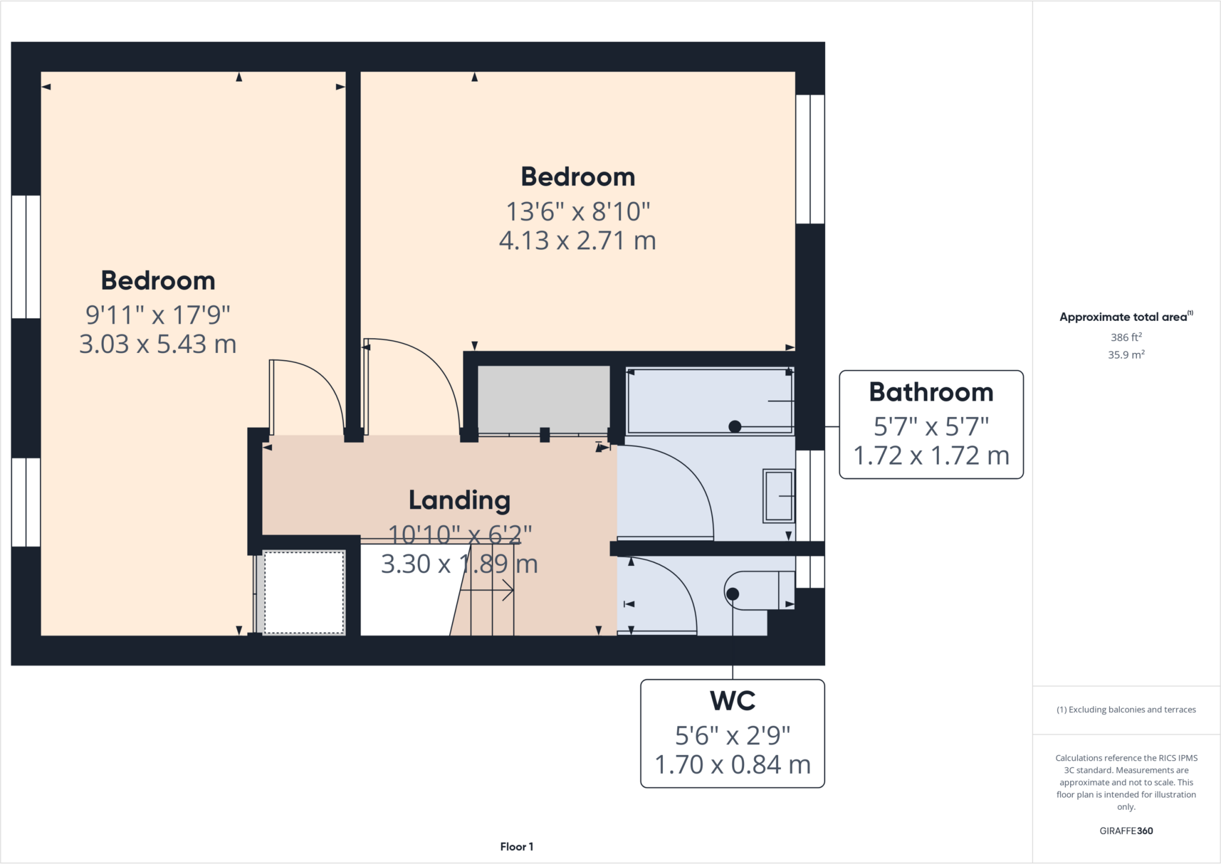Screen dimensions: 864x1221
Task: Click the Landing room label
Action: pyautogui.click(x=459, y=500)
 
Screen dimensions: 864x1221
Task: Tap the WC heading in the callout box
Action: pyautogui.click(x=732, y=701)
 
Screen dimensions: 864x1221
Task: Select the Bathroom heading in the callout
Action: pyautogui.click(x=931, y=392)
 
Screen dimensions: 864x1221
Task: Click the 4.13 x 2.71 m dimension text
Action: pyautogui.click(x=577, y=241)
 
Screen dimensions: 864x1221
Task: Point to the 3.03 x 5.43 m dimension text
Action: pyautogui.click(x=158, y=344)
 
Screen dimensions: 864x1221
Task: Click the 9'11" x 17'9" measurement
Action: pyautogui.click(x=158, y=315)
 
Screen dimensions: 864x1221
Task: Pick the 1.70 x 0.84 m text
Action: pyautogui.click(x=732, y=765)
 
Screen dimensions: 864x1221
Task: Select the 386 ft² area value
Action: pyautogui.click(x=1126, y=337)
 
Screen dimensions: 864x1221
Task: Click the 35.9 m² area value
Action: pyautogui.click(x=1126, y=355)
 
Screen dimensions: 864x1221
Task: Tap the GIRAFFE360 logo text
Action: pyautogui.click(x=1126, y=831)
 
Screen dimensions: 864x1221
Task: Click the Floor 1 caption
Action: pyautogui.click(x=516, y=847)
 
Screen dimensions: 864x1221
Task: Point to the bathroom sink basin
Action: pyautogui.click(x=779, y=496)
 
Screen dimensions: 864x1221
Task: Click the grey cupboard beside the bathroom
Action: pyautogui.click(x=543, y=398)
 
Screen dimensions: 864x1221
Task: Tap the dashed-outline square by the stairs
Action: pyautogui.click(x=304, y=592)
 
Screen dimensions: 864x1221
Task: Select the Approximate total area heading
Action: pyautogui.click(x=1126, y=317)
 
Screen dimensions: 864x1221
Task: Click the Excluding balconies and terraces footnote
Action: pyautogui.click(x=1126, y=710)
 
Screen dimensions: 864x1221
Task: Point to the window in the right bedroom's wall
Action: pyautogui.click(x=810, y=159)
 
